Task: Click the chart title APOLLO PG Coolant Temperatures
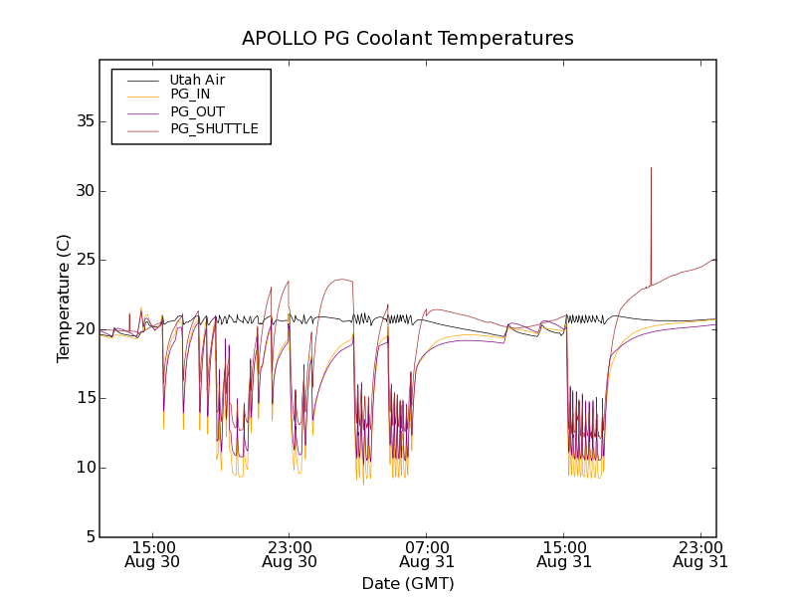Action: click(x=408, y=39)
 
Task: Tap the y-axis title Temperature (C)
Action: click(x=64, y=298)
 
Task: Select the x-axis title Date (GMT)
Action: click(x=408, y=583)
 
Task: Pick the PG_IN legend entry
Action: click(x=190, y=95)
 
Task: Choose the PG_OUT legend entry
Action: click(x=197, y=111)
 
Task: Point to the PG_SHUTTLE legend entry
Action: click(x=214, y=128)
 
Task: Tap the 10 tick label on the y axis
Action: click(x=84, y=468)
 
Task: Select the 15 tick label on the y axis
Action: click(x=84, y=398)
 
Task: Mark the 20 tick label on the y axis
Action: click(x=84, y=329)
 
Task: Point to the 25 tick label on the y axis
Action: click(x=84, y=260)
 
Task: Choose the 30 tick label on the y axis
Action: click(x=84, y=190)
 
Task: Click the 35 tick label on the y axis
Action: click(x=84, y=121)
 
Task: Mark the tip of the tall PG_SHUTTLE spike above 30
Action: click(x=651, y=168)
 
